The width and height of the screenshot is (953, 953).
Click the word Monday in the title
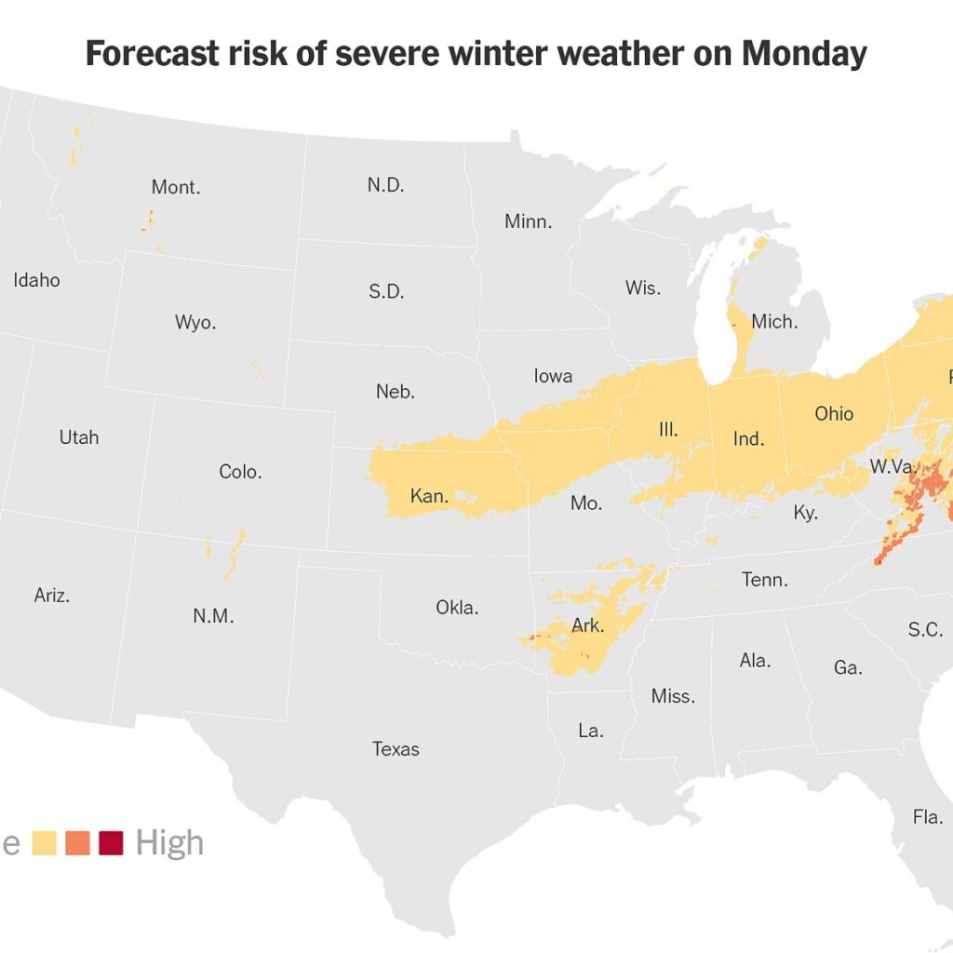tap(803, 54)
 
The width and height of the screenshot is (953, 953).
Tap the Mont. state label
tap(176, 187)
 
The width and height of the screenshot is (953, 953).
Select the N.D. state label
tap(385, 184)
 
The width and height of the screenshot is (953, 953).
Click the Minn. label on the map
tap(528, 221)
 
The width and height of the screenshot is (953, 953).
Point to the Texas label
tap(396, 748)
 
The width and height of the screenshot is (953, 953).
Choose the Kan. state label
tap(429, 496)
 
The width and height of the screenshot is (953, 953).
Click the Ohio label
tap(833, 413)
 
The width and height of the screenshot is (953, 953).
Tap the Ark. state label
tap(587, 625)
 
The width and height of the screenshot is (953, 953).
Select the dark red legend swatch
tap(111, 843)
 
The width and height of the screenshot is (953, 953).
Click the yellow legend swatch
tap(44, 843)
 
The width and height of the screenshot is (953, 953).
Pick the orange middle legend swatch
tap(77, 843)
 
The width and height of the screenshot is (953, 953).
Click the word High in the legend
tap(169, 843)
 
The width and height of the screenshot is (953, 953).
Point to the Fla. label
tap(927, 817)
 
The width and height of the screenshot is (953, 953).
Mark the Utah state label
tap(78, 436)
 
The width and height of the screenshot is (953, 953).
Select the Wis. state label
tap(642, 288)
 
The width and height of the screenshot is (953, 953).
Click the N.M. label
tap(213, 615)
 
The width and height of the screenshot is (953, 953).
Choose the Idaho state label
tap(36, 279)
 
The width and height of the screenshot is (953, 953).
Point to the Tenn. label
tap(765, 580)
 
